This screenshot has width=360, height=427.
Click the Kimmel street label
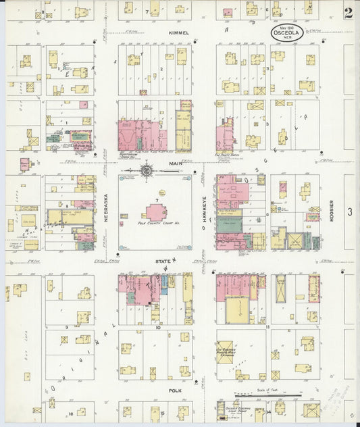click(x=179, y=32)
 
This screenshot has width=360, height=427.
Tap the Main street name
click(x=176, y=164)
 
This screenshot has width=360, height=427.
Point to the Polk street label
click(x=176, y=391)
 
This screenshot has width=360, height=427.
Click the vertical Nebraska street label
click(x=106, y=208)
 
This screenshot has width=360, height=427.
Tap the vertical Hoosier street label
click(x=332, y=212)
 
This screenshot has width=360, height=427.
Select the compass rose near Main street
click(x=147, y=171)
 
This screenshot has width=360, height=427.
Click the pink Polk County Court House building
click(x=156, y=211)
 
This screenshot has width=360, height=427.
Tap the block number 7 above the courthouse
click(x=157, y=201)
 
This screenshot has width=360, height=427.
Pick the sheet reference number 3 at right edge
click(x=350, y=212)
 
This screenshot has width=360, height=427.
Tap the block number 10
click(x=157, y=327)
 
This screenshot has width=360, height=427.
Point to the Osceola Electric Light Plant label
click(x=233, y=408)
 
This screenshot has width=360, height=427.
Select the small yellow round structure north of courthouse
click(x=152, y=193)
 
